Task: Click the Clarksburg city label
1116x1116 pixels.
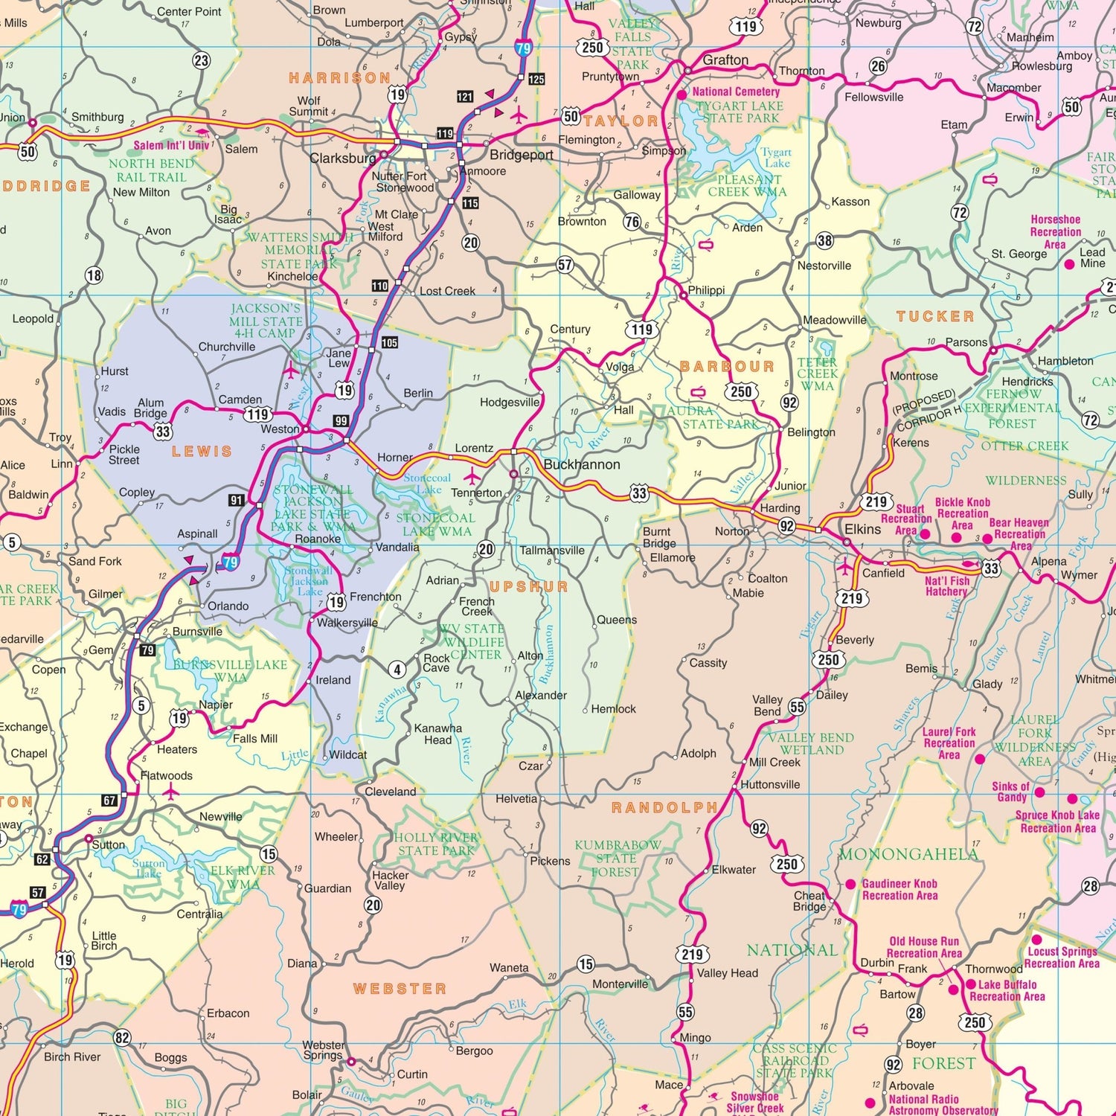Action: coord(343,158)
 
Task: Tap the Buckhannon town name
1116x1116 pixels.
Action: coord(581,465)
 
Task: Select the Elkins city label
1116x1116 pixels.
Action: coord(862,529)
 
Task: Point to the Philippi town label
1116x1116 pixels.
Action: coord(706,290)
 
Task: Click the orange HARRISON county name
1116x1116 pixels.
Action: coord(340,78)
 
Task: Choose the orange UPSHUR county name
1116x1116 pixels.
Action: coord(528,586)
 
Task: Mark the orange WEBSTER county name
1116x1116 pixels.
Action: coord(400,989)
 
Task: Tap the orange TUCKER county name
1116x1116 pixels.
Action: coord(935,316)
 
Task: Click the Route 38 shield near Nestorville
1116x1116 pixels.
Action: coord(824,240)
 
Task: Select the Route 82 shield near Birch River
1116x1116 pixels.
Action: coord(122,1038)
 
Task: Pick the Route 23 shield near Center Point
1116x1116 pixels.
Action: coord(201,61)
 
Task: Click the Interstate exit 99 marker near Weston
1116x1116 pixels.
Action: coord(341,421)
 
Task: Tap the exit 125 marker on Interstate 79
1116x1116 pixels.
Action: coord(536,79)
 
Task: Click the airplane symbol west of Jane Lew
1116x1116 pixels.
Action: coord(290,370)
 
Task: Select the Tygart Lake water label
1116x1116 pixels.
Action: coord(776,157)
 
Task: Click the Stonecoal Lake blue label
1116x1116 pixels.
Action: coord(428,484)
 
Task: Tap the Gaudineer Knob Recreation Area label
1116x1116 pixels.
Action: coord(899,890)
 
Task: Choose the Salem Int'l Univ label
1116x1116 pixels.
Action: coord(171,146)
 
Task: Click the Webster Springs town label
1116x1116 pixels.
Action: coord(323,1050)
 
